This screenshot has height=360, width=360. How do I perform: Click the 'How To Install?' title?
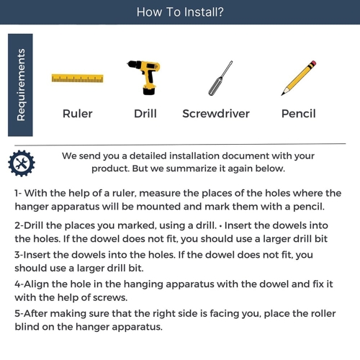(180, 12)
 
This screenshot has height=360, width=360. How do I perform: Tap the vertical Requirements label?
(21, 85)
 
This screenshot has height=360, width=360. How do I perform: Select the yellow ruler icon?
(78, 78)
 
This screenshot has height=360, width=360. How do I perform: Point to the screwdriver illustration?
(220, 78)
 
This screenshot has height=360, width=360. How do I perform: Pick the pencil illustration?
(299, 78)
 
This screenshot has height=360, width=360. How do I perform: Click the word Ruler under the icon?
(78, 114)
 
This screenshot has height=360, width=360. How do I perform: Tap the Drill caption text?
(145, 114)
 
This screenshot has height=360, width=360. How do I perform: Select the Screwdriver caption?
(216, 114)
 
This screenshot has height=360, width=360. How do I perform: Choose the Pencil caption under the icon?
(299, 114)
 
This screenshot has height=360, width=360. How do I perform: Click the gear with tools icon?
(22, 163)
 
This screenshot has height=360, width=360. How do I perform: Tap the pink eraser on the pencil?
(312, 64)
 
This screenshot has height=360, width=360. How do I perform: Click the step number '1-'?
(18, 193)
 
